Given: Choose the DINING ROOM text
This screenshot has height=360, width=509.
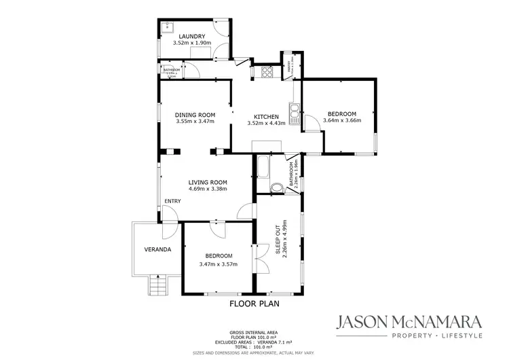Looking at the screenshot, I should click(x=195, y=114).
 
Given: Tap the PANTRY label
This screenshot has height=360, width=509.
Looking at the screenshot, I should click(x=289, y=67).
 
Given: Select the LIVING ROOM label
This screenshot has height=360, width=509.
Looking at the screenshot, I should click(x=208, y=182).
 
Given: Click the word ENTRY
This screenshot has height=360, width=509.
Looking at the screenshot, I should click(x=172, y=200).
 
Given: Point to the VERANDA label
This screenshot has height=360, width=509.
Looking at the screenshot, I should click(x=157, y=249).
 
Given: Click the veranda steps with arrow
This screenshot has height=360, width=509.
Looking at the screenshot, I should click(x=158, y=285).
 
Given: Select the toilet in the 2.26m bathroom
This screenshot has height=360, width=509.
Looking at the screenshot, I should click(x=276, y=187).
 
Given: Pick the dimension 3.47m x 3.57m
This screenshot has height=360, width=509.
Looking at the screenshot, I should click(x=218, y=264).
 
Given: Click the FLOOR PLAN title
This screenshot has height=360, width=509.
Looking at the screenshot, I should click(x=254, y=304).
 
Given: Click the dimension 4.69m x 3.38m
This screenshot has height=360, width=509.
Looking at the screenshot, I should click(x=208, y=190).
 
